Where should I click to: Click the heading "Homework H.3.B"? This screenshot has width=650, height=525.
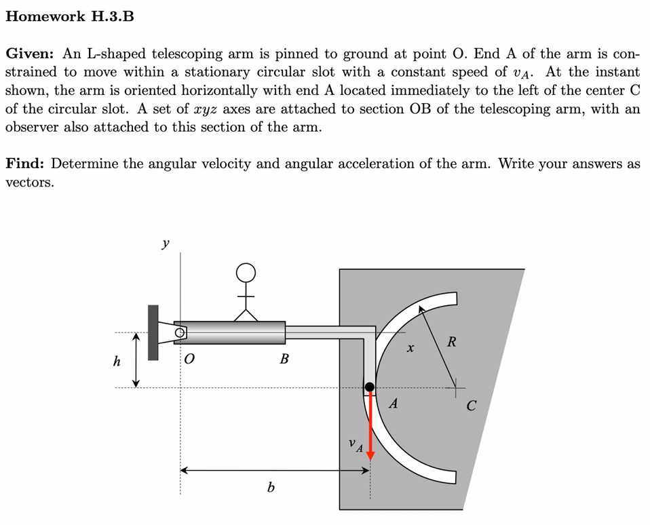point(69,17)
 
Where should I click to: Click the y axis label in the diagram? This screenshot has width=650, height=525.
point(166,242)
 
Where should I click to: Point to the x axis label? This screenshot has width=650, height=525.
point(409,349)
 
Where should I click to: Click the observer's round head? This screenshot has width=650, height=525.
point(246,273)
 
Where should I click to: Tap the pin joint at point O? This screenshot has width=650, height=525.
point(180,332)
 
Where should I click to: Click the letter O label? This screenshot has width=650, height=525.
point(189,359)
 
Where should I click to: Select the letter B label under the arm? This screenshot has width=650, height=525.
point(284,359)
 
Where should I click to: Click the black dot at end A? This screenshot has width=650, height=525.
point(370,387)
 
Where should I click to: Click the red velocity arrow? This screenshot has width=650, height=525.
point(370,427)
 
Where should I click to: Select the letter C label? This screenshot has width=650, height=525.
point(471,407)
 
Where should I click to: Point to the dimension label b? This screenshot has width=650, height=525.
point(271,487)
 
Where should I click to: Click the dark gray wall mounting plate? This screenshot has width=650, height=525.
point(153,332)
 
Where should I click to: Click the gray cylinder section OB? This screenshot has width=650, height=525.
point(231,332)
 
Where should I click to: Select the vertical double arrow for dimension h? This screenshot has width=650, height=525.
point(136,359)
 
